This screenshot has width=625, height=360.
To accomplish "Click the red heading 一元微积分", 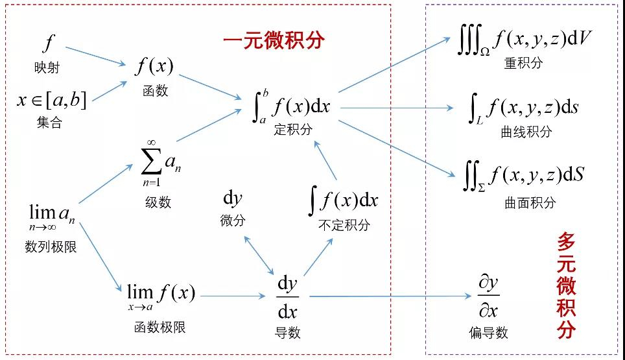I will click(273, 40).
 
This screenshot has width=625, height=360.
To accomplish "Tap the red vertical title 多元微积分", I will click(566, 286).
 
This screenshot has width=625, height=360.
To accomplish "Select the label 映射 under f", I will click(47, 67).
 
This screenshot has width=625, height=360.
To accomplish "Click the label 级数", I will click(158, 202).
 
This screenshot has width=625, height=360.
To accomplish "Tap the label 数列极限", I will click(51, 246).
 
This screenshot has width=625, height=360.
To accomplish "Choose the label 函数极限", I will click(160, 327).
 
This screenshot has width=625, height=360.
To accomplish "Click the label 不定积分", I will click(344, 224).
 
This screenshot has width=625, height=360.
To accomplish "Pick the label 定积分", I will click(293, 129).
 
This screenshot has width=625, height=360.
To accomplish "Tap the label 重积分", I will click(523, 63).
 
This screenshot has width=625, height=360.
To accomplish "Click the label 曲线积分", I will click(526, 132).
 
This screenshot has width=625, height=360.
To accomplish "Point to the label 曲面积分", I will click(530, 202).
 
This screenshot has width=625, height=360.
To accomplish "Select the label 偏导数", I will click(488, 333).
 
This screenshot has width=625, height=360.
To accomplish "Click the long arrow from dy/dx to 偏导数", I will click(389, 296).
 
